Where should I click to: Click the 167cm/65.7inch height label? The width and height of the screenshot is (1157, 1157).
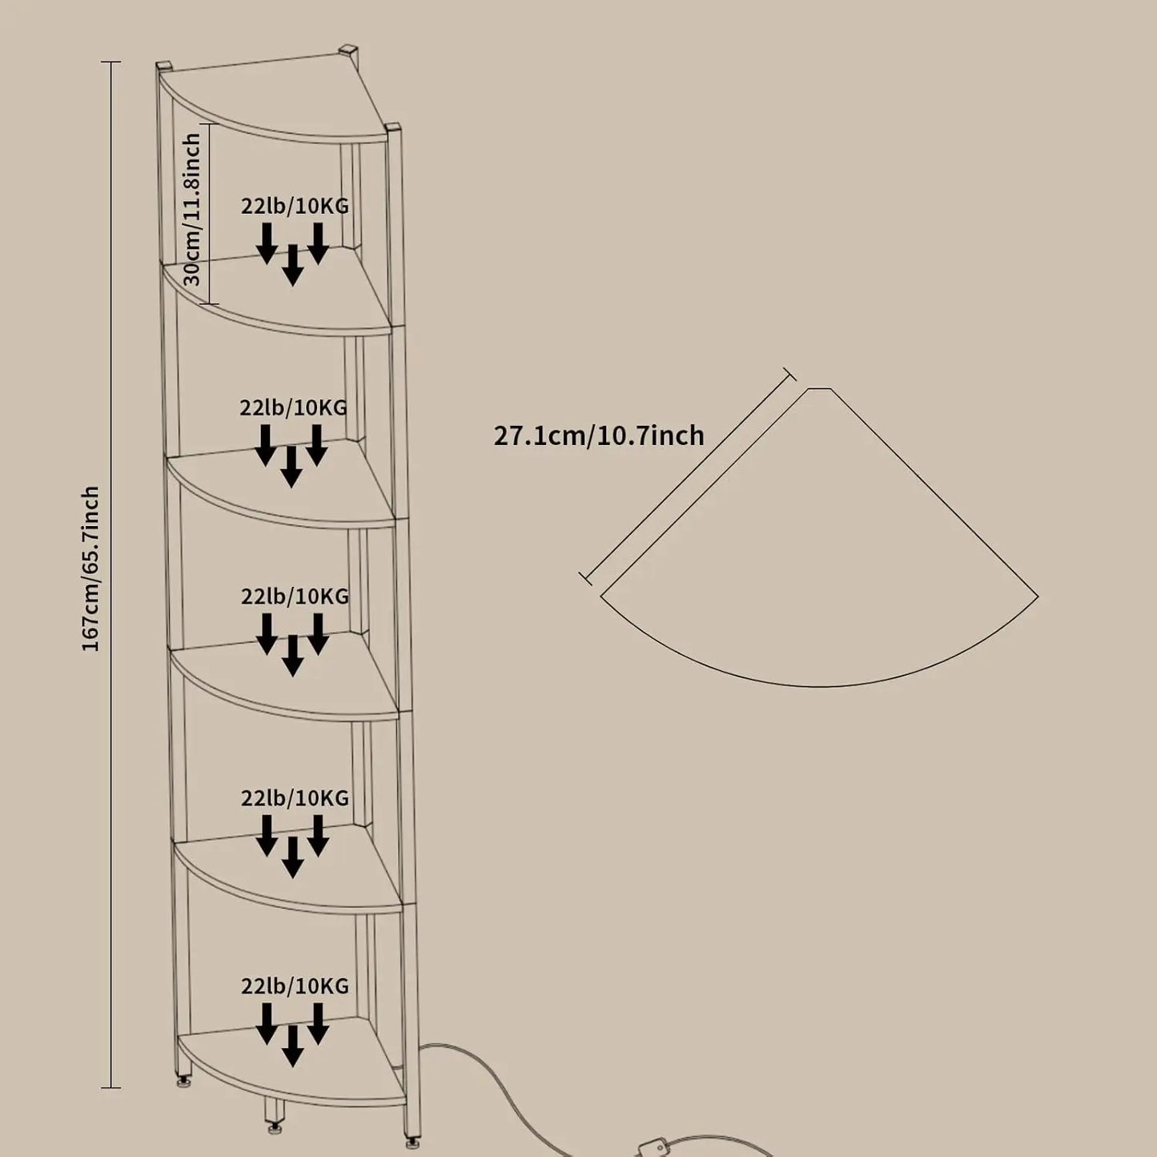coord(90,568)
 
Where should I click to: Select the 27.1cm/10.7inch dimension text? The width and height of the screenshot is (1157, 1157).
coord(599,436)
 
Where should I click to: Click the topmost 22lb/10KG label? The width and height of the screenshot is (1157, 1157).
coord(295,206)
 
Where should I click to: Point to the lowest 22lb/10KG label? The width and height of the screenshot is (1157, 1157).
coord(295,1002)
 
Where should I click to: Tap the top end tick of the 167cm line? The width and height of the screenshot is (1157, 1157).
coord(110,62)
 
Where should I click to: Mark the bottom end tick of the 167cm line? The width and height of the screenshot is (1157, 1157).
coord(110,1087)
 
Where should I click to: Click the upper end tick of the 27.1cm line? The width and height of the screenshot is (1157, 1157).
coord(789,374)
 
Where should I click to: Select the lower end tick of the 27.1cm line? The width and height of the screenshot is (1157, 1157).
coord(585,578)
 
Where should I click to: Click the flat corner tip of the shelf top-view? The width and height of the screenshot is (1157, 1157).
coord(820,388)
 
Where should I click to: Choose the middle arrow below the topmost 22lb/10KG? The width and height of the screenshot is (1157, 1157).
coord(292,265)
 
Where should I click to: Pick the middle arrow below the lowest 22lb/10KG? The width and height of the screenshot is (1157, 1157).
coord(292,1063)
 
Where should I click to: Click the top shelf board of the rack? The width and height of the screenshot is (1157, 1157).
coord(273,99)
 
